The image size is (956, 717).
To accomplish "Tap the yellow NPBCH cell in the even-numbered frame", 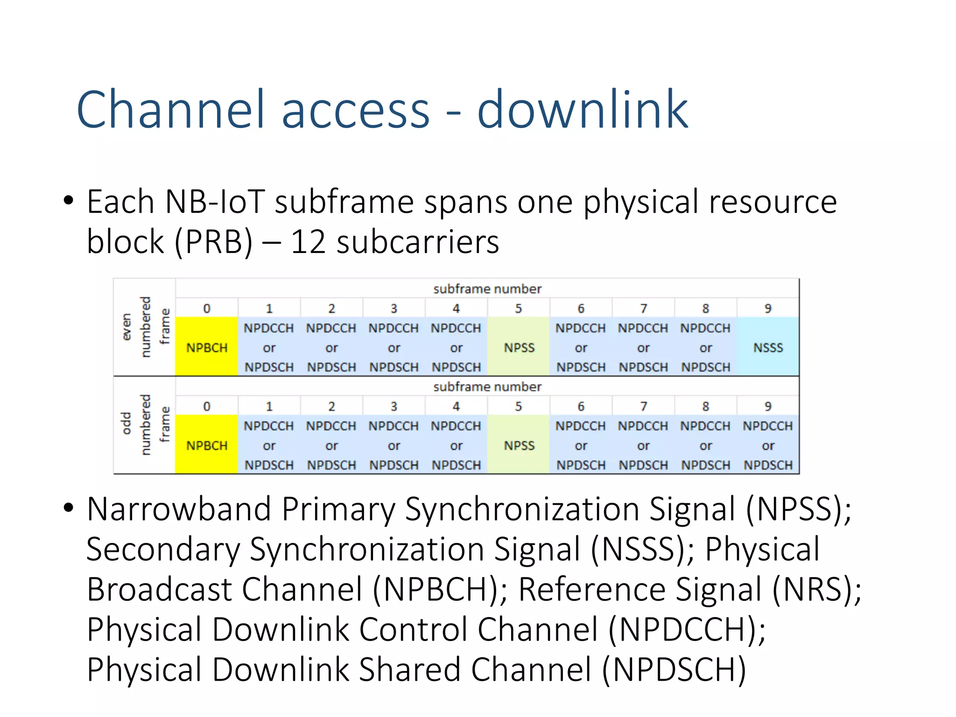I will point(206,347).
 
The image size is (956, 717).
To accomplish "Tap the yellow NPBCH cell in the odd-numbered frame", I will point(206,445).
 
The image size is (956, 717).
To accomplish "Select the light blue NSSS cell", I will point(768,347).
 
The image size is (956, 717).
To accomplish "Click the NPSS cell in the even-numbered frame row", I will point(519,347).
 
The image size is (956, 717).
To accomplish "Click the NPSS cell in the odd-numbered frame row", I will point(519,445).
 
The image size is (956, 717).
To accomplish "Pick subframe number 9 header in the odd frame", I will point(768,406).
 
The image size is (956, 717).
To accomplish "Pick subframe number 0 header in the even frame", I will point(206,308).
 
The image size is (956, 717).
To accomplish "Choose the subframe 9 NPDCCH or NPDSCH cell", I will point(768,445).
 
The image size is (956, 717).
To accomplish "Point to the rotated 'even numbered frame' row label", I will point(145,327).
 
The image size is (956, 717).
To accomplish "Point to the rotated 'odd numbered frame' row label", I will point(145,425).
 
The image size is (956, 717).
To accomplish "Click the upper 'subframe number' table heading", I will point(487,289).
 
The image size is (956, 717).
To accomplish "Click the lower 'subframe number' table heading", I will point(487,387).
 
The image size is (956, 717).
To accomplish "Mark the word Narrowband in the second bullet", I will point(179,509).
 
